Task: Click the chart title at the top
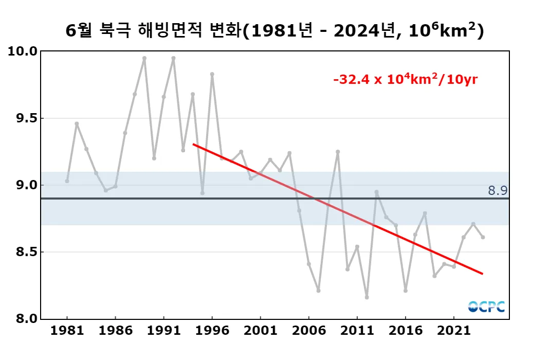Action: [x=275, y=31]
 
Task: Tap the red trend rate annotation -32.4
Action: [x=406, y=80]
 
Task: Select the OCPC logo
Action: [x=486, y=307]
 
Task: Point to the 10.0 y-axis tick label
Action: [x=23, y=51]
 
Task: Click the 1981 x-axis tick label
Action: [x=67, y=330]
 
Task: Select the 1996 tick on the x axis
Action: [x=212, y=330]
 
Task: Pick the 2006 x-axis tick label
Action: [x=308, y=330]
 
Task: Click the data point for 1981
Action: [x=67, y=181]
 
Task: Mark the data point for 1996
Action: [x=212, y=74]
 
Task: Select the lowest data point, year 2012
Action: [x=366, y=297]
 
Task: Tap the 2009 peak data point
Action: [x=338, y=152]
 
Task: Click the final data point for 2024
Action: [x=483, y=237]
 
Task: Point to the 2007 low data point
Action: [x=318, y=291]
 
